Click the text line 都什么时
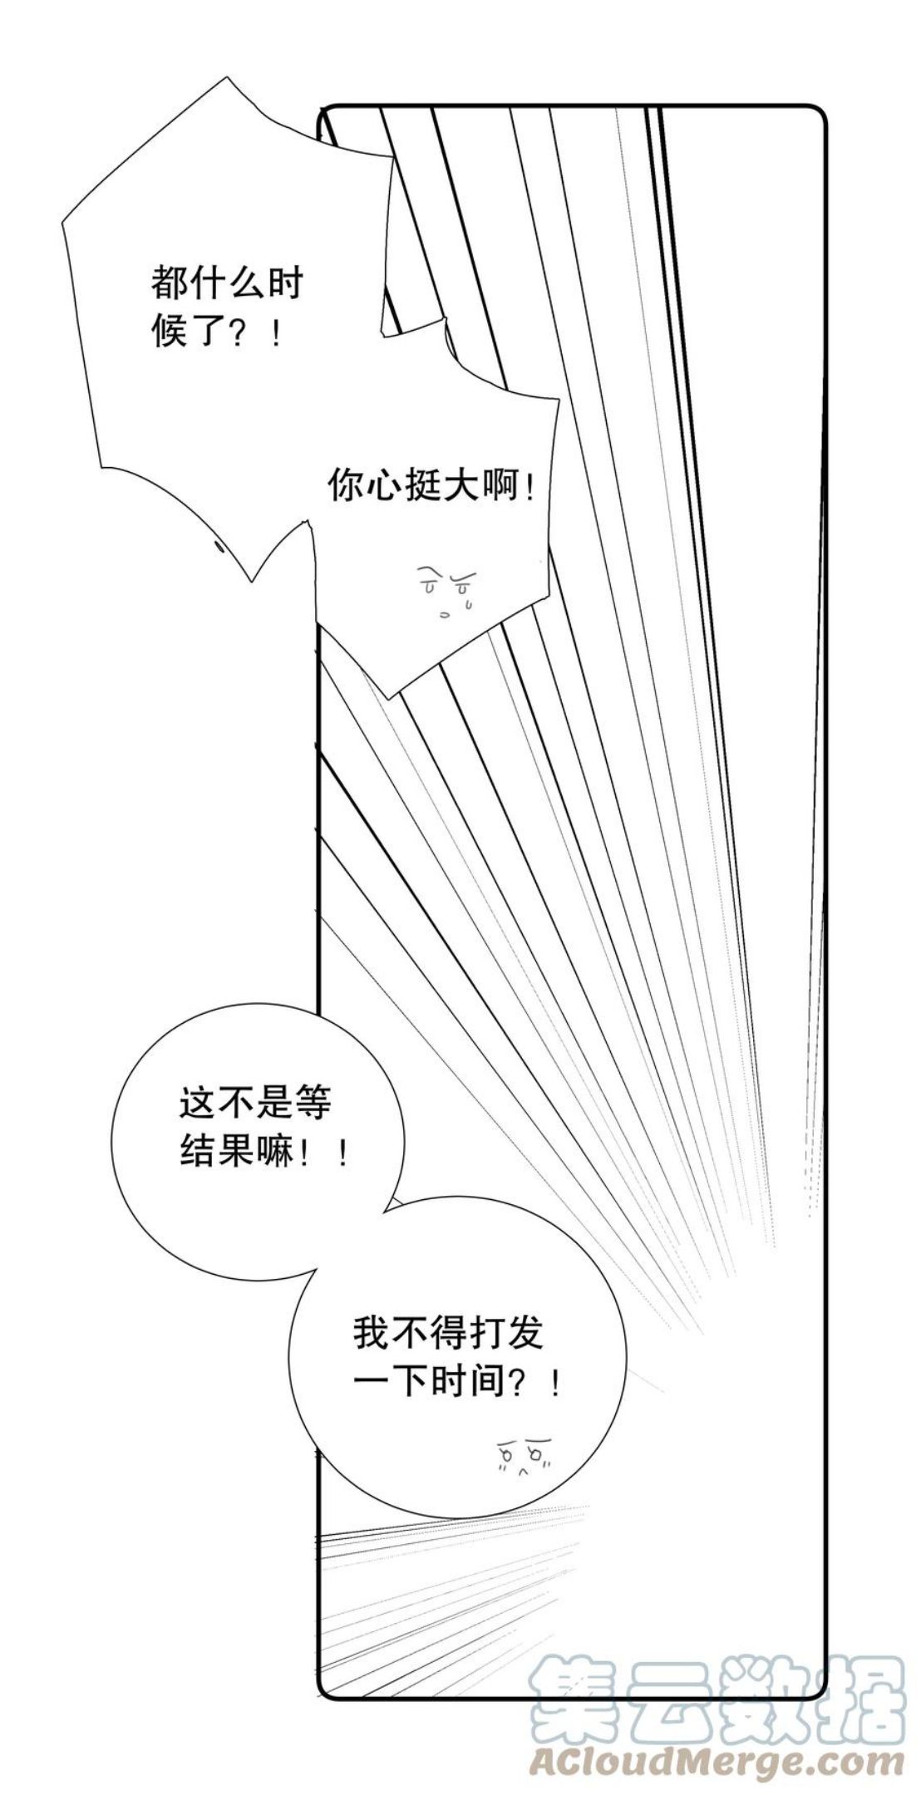pyautogui.click(x=227, y=284)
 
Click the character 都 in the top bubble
pyautogui.click(x=170, y=284)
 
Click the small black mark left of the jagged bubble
pyautogui.click(x=220, y=545)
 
